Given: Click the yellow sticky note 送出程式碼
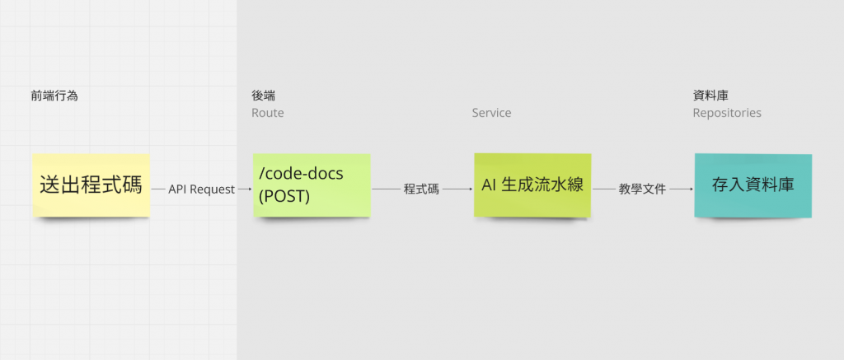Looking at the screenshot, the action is point(91,185).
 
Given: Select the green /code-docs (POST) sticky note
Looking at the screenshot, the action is point(312,185).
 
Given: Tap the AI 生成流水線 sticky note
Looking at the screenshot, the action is point(532,185).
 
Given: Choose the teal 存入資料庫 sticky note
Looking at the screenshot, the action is point(753,185).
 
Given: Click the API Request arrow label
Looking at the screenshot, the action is point(202,189).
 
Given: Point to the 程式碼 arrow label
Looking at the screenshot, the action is point(421,189).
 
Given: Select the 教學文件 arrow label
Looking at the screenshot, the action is point(642,189).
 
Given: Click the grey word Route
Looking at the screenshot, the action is point(267,113).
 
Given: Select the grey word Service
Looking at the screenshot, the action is point(491,113).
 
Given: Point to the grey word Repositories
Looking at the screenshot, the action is point(726,113).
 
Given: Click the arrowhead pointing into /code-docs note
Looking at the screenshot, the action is point(249,189).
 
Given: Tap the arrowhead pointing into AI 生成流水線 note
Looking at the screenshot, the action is point(469,189).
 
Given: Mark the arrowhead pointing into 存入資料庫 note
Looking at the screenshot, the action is point(690,189).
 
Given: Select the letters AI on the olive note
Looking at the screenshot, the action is point(490,185).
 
